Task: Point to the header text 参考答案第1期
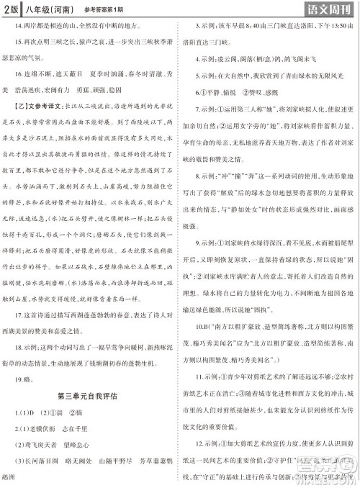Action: point(112,9)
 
